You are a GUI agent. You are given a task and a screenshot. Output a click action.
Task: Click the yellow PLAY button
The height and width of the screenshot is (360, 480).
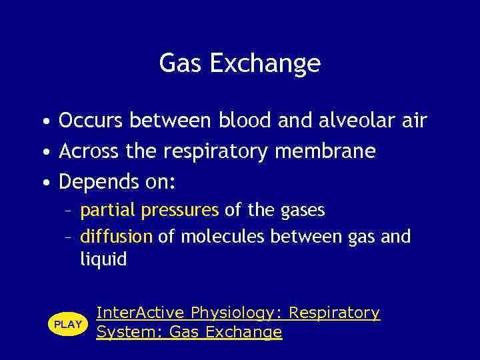68,324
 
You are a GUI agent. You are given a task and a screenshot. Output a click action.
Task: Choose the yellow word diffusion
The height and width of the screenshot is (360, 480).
117,236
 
